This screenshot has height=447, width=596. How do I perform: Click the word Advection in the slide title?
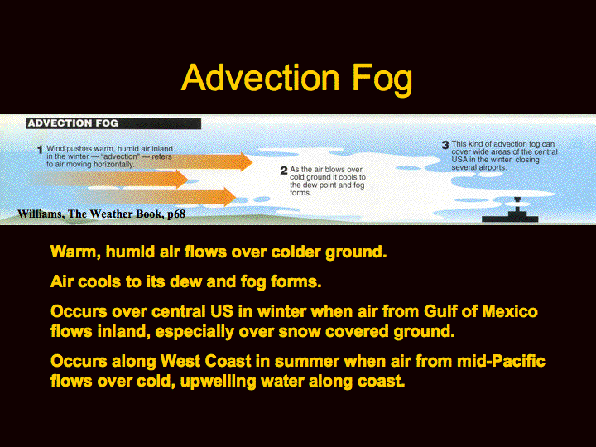[261, 78]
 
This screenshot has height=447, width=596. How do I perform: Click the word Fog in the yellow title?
[382, 79]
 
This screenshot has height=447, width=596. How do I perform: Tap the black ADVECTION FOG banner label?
[113, 123]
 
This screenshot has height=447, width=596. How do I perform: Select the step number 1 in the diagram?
[40, 150]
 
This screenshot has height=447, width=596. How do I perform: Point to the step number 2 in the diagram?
[284, 171]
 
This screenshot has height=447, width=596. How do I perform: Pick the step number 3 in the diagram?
[445, 145]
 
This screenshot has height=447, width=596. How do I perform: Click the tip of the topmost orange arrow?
[252, 162]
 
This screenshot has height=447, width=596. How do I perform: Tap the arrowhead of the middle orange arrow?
[182, 179]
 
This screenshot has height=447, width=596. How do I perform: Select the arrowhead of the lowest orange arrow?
[230, 196]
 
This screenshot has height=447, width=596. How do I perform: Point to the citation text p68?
[176, 214]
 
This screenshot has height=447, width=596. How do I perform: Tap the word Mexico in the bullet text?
[510, 311]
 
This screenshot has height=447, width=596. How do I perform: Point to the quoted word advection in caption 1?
[120, 156]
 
